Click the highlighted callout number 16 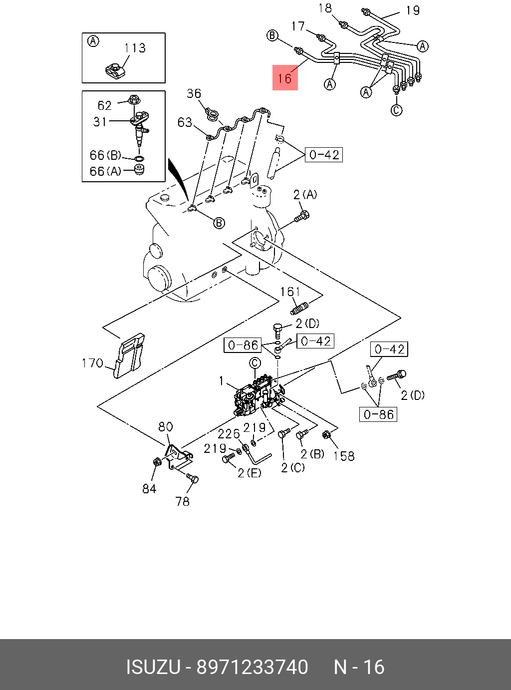[285, 78]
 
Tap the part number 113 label [135, 48]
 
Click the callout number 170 [92, 363]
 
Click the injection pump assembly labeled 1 [258, 395]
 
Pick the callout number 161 [290, 292]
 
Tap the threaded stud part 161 [299, 308]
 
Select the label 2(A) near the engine [305, 195]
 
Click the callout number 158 [344, 456]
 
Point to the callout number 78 [183, 501]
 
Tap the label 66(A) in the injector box [105, 171]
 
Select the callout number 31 [100, 122]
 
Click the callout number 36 [194, 93]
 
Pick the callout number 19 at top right [413, 10]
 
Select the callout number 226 [229, 434]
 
